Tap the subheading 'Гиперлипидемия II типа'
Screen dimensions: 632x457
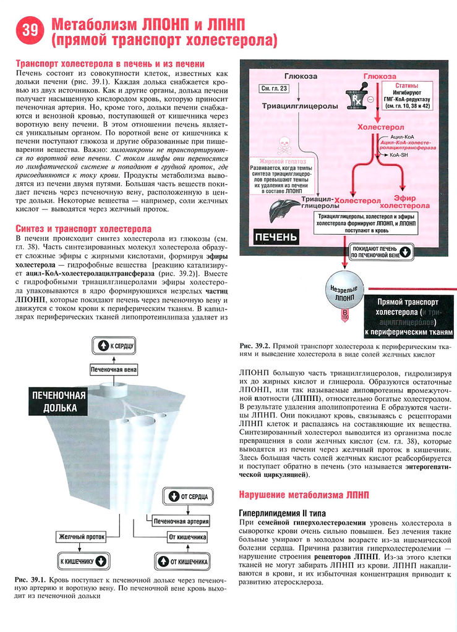(x=285, y=513)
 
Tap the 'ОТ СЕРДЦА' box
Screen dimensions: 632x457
(x=189, y=496)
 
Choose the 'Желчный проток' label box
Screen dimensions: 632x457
(x=81, y=537)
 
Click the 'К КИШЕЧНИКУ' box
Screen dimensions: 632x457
(x=83, y=561)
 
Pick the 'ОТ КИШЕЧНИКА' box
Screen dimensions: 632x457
(x=189, y=561)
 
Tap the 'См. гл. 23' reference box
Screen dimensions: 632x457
(x=273, y=89)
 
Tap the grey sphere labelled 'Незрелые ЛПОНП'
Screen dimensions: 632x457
(x=344, y=292)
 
